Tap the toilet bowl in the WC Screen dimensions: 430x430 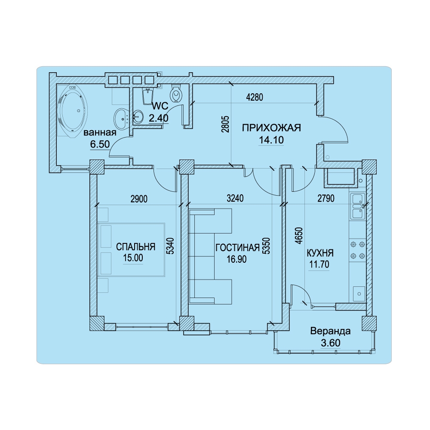[x=176, y=93]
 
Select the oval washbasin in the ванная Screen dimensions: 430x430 [x=121, y=119]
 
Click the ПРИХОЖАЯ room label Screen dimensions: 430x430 [x=271, y=128]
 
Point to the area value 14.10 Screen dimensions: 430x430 [x=271, y=140]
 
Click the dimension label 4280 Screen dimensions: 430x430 [x=255, y=97]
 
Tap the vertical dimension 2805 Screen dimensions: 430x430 [x=225, y=124]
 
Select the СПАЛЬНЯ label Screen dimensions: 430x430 [x=135, y=247]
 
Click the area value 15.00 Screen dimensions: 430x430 [x=133, y=258]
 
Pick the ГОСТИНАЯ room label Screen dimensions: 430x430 [x=237, y=248]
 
